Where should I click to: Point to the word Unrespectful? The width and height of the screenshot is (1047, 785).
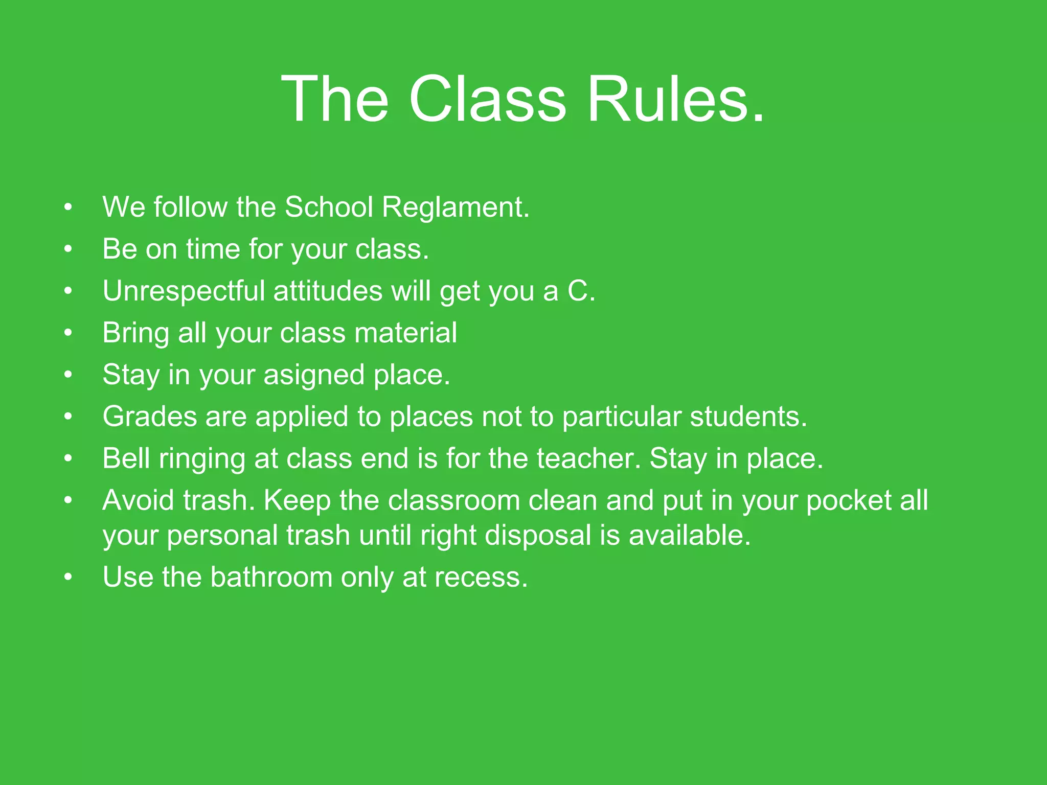click(x=184, y=291)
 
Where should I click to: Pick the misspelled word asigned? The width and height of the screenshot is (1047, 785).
click(x=314, y=376)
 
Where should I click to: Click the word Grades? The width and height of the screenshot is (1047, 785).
click(x=149, y=417)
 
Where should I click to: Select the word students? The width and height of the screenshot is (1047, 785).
click(x=748, y=417)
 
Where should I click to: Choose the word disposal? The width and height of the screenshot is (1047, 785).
click(x=537, y=536)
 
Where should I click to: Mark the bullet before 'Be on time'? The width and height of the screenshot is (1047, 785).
click(x=69, y=249)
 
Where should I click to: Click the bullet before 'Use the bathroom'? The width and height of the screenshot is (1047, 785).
click(x=69, y=578)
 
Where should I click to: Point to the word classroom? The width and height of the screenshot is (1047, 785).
click(x=453, y=500)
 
